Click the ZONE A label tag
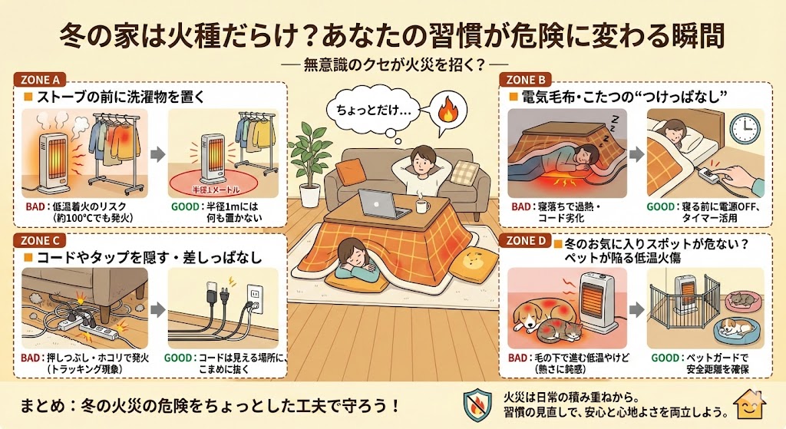[x=40, y=80]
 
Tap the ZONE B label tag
[x=526, y=80]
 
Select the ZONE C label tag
[x=40, y=240]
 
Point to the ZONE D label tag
[x=526, y=240]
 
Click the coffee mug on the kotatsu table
[x=422, y=206]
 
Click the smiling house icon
[x=749, y=405]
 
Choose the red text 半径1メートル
[x=216, y=190]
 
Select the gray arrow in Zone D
[x=636, y=309]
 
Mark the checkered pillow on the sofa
[x=465, y=172]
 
